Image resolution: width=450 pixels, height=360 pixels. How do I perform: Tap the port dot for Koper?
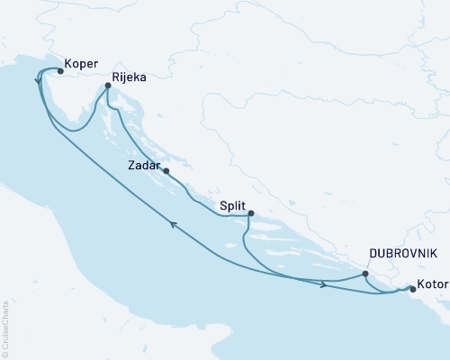point(60,70)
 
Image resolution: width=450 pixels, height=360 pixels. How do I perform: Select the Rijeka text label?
point(130,78)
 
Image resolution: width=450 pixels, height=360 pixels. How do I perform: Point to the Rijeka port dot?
point(108,86)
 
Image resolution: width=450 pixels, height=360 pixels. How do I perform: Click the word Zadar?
point(144,166)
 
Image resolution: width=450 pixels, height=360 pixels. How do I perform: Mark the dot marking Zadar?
point(166,170)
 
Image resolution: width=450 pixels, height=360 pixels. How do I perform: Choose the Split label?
point(232,205)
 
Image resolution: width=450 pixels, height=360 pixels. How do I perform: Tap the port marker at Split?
point(251,213)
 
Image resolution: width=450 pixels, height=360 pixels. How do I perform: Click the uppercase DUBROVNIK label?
point(398,253)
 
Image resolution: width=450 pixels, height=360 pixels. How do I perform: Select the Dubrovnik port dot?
point(365,274)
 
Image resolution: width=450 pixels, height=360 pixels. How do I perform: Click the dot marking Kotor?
point(413,289)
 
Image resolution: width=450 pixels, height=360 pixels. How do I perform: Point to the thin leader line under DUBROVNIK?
point(370,265)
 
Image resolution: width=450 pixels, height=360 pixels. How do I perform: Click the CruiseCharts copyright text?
point(5,323)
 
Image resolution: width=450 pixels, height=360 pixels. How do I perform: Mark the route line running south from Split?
point(244,238)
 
